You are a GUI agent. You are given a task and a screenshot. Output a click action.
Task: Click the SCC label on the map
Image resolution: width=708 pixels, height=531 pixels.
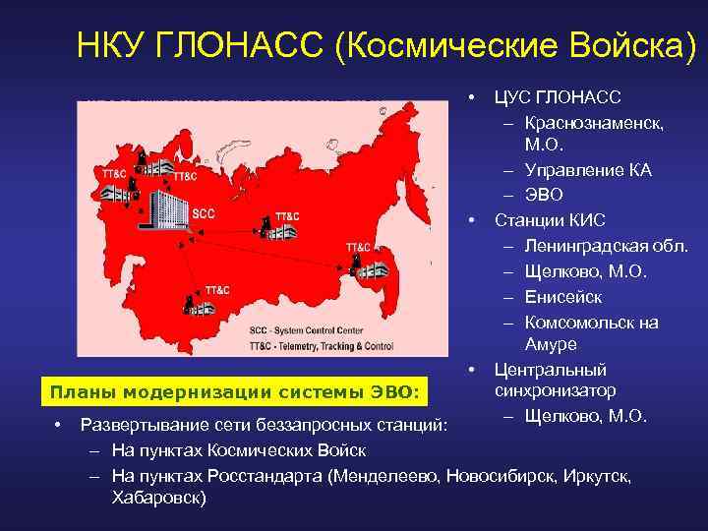[204, 212]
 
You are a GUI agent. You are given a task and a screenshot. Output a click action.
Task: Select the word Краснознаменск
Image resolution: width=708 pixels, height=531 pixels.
[594, 124]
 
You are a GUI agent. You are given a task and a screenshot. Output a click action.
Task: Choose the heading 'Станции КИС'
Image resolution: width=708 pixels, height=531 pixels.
[550, 219]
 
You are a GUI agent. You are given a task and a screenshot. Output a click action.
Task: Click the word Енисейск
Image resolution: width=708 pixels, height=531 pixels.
[563, 297]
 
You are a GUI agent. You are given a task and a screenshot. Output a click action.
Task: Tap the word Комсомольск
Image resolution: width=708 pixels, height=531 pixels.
[580, 323]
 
